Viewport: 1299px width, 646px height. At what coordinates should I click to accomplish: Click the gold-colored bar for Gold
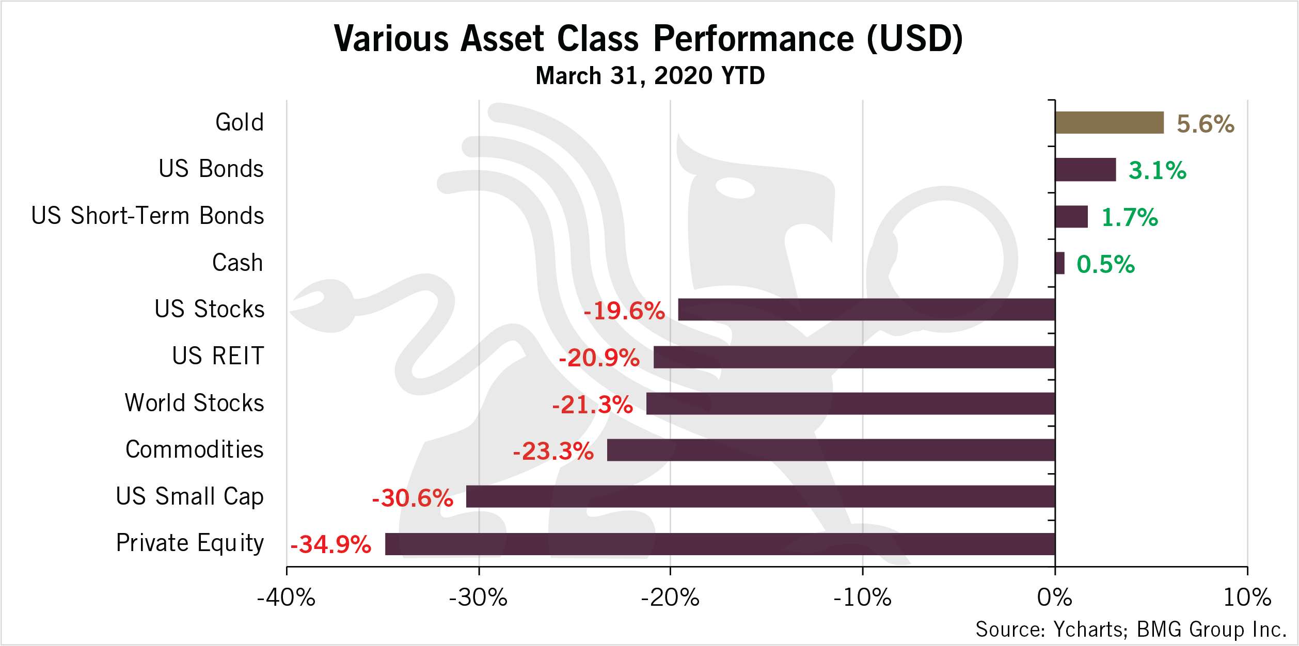coord(1110,123)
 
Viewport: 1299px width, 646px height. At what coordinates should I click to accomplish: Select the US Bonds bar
coord(1086,170)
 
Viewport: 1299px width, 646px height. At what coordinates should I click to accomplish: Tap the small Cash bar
coord(1060,263)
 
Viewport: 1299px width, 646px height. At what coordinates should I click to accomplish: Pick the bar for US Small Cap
coord(761,496)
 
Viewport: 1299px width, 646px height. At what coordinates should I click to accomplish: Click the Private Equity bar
coord(720,544)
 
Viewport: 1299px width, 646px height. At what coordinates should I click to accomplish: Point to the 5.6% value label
coord(1206,124)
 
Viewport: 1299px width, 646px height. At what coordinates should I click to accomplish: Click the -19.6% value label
coord(624,311)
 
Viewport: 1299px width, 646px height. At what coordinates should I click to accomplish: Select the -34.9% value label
coord(331,544)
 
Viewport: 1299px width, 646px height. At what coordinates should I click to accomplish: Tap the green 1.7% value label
coord(1130,217)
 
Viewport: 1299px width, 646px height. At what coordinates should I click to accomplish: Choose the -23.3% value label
coord(553,451)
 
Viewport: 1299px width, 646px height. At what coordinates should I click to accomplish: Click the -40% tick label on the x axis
coord(286,597)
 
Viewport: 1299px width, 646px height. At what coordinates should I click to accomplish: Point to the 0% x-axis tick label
coord(1055,597)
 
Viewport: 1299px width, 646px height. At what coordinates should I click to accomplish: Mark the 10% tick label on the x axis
coord(1247,597)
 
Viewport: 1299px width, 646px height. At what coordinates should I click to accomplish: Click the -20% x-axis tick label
coord(670,597)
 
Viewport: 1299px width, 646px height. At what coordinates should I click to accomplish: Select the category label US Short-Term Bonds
coord(148,216)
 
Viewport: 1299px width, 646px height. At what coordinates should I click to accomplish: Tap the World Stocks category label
coord(195,402)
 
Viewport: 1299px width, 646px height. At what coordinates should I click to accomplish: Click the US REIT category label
coord(218,356)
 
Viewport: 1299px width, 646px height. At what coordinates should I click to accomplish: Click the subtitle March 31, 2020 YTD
coord(651,76)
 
